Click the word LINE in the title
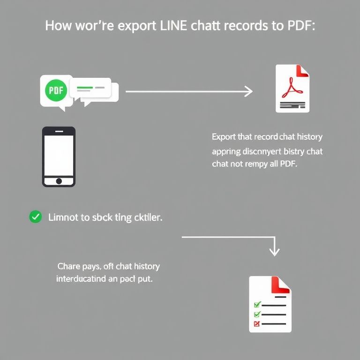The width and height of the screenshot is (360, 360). tap(174, 26)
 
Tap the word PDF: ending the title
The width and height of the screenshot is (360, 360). tap(300, 26)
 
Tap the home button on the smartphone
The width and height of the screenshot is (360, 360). tap(59, 181)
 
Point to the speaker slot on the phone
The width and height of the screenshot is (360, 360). tap(59, 131)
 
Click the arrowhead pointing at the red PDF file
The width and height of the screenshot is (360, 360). tap(248, 91)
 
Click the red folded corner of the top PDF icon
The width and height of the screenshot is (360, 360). tap(303, 71)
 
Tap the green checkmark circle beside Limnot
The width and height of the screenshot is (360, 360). tap(35, 217)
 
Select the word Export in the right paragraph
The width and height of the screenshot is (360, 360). tap(224, 137)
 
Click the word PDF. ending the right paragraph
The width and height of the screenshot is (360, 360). tap(288, 165)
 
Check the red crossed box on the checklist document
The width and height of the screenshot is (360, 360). tap(256, 323)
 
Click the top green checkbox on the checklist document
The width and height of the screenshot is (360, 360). tap(256, 305)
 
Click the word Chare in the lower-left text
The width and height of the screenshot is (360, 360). tap(68, 266)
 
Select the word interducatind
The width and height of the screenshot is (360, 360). tap(83, 278)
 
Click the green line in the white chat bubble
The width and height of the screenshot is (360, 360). tap(85, 88)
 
